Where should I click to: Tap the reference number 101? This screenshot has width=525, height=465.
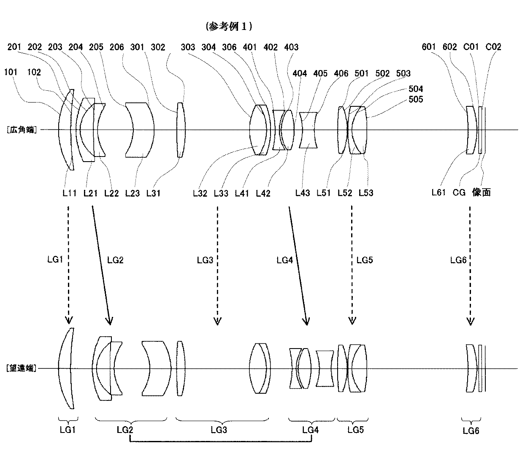[11, 72]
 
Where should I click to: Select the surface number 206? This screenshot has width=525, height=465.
[117, 47]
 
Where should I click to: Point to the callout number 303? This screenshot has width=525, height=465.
[188, 47]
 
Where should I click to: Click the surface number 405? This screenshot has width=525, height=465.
[320, 73]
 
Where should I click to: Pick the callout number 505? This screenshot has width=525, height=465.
[416, 99]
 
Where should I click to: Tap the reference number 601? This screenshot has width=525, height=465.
[429, 47]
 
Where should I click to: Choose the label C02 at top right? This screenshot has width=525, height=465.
[493, 47]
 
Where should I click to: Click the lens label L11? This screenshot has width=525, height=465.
[70, 193]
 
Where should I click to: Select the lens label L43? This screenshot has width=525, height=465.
[303, 193]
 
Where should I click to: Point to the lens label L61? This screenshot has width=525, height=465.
[438, 192]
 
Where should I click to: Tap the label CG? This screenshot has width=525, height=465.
[459, 192]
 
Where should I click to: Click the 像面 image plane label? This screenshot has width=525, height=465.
[481, 192]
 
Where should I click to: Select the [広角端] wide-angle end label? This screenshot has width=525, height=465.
[22, 130]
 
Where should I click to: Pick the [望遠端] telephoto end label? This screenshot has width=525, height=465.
[22, 368]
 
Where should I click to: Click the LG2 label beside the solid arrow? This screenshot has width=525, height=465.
[115, 260]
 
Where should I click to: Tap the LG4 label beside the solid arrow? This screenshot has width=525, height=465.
[284, 260]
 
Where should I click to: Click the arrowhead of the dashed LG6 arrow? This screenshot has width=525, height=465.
[470, 322]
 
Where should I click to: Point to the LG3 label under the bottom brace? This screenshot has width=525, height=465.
[219, 430]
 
